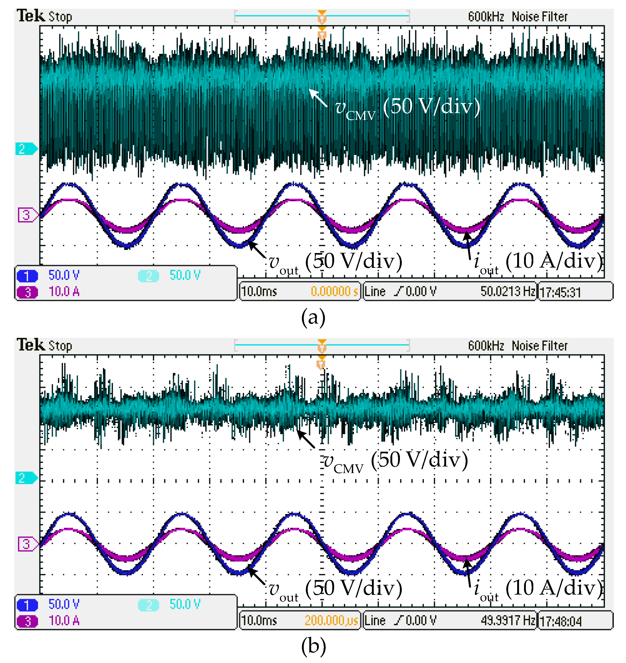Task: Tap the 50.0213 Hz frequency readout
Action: click(508, 291)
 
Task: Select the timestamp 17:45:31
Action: click(560, 293)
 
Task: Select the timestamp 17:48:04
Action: click(560, 622)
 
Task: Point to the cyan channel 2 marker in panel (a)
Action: click(26, 148)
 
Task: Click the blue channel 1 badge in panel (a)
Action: click(27, 276)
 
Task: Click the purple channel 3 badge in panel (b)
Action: click(27, 621)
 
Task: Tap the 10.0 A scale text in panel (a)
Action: click(64, 292)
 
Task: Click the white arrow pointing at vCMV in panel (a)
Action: click(318, 97)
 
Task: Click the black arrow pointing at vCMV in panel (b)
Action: click(306, 439)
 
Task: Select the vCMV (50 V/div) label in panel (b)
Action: click(396, 460)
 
